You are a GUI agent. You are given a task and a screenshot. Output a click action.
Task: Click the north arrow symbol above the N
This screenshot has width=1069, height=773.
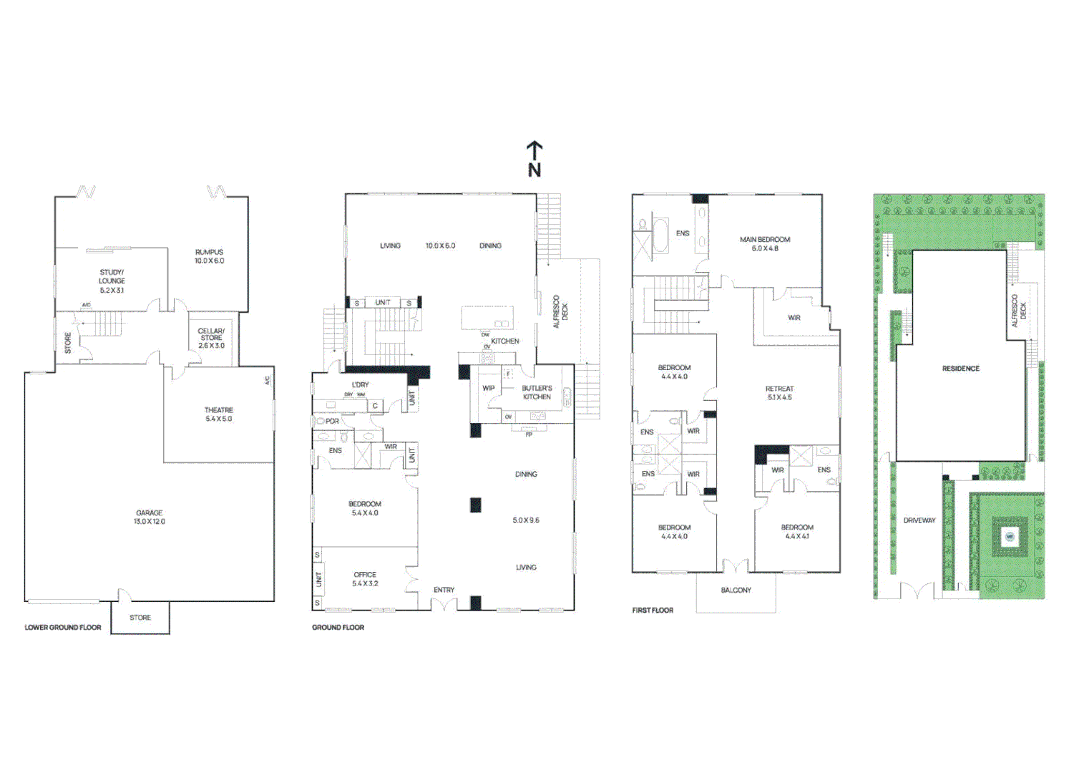534,150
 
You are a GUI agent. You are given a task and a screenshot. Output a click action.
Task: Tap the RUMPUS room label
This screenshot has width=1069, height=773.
209,256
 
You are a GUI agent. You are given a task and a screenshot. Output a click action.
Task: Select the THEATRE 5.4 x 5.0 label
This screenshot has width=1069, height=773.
218,414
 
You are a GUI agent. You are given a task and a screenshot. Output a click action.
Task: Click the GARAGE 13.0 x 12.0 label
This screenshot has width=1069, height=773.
150,517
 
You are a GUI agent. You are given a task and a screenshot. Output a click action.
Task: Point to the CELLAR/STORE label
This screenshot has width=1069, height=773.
211,338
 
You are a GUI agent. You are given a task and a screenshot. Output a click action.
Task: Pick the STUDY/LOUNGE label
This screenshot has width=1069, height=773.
112,281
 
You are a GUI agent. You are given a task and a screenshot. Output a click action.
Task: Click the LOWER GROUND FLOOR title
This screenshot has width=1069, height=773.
63,628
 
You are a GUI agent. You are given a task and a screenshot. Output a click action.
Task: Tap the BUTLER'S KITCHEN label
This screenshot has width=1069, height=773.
537,392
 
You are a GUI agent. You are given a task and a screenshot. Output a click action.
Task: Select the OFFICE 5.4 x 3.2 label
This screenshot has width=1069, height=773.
365,579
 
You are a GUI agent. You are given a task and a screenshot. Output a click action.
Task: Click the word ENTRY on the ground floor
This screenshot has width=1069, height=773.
444,590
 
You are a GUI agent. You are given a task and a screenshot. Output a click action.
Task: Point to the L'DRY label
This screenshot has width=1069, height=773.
361,385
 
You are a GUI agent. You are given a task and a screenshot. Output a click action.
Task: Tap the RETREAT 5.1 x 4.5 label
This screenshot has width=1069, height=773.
779,393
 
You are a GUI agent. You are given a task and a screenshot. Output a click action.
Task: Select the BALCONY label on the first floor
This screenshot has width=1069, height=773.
736,590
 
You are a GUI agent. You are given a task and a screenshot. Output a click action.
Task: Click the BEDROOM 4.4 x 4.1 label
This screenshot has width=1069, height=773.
797,532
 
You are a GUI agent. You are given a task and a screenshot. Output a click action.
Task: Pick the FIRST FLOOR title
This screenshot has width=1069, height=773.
653,611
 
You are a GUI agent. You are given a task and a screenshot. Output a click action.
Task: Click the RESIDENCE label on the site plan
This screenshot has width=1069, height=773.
960,369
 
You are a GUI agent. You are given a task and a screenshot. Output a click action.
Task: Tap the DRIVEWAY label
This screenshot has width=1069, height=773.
919,520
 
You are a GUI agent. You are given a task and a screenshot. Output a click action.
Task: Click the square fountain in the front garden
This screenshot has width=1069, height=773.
1010,536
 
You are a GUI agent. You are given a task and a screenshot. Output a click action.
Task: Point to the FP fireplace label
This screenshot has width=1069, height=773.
529,434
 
